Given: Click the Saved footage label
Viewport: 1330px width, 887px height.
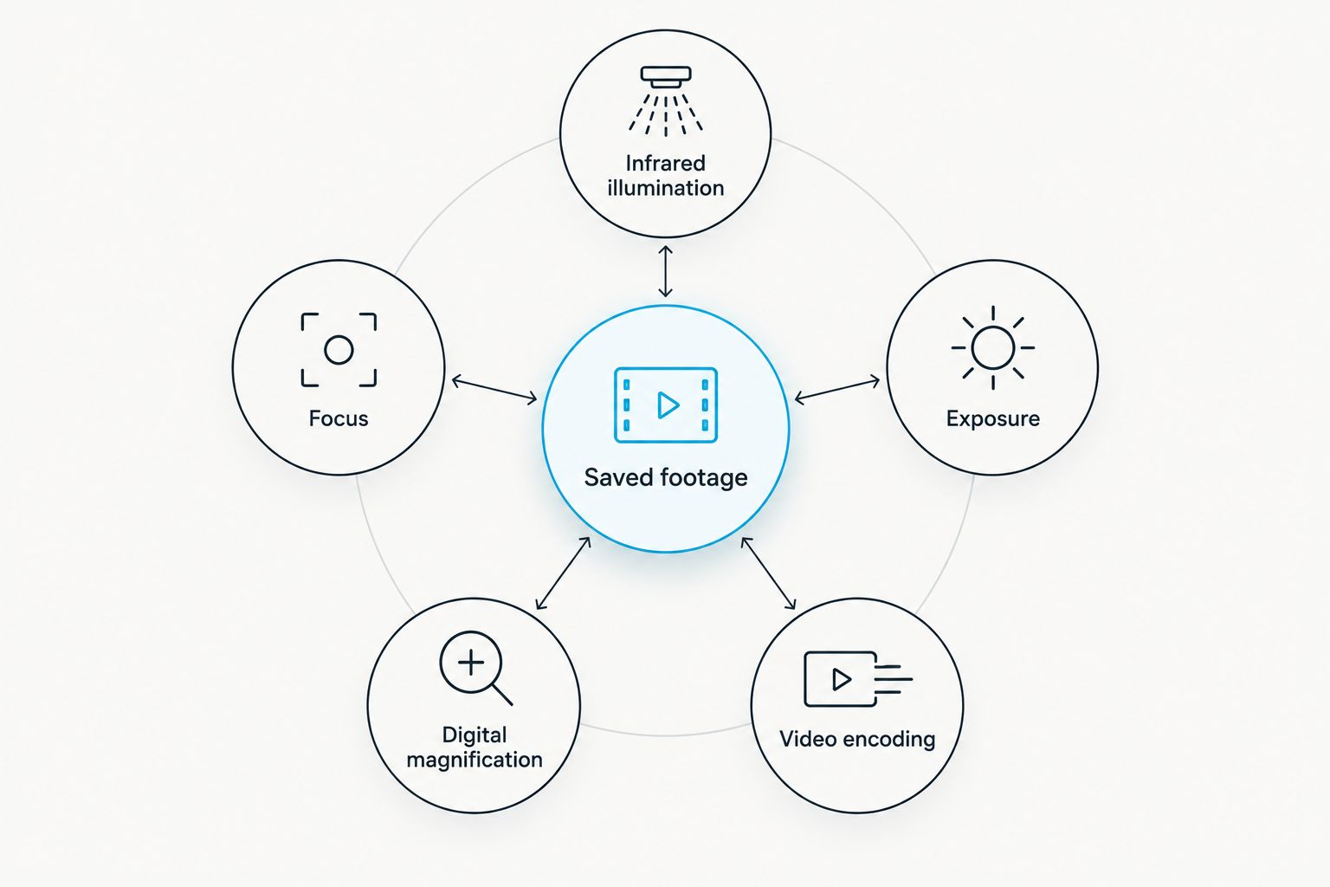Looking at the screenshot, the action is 666,477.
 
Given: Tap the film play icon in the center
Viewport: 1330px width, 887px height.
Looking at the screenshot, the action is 666,405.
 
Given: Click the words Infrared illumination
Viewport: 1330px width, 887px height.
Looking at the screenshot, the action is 666,175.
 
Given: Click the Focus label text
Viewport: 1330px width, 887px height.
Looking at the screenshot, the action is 339,418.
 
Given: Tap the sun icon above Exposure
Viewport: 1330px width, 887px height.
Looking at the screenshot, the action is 993,347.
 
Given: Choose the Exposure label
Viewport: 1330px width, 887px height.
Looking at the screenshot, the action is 993,419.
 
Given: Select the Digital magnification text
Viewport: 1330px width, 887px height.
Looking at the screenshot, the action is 475,747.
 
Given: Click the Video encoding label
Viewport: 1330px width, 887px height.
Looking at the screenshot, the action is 857,739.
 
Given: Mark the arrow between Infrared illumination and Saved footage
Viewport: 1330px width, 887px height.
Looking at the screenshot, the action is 666,271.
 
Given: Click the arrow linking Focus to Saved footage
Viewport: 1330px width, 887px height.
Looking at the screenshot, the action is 494,390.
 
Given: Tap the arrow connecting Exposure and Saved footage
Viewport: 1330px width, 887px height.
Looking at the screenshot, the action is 837,389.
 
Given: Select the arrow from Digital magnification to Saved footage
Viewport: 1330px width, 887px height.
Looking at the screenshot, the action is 563,573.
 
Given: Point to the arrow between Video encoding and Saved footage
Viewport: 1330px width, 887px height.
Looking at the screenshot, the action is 768,573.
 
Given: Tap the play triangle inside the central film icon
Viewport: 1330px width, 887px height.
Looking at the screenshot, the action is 668,405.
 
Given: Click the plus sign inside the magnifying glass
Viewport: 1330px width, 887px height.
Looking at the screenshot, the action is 471,663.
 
